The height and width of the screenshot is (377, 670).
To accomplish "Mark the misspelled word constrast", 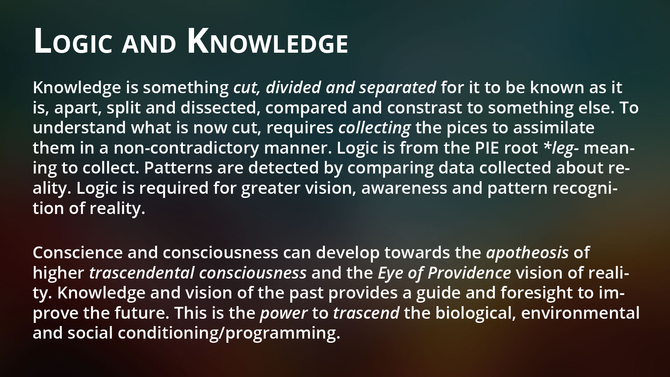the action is [x=424, y=109].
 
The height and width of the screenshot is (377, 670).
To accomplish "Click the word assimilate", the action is [x=553, y=128].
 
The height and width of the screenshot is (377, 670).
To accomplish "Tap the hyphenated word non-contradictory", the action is [x=186, y=148].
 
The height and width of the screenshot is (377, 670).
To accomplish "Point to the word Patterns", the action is [x=176, y=168].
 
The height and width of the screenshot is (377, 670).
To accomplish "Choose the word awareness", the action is [x=404, y=189].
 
